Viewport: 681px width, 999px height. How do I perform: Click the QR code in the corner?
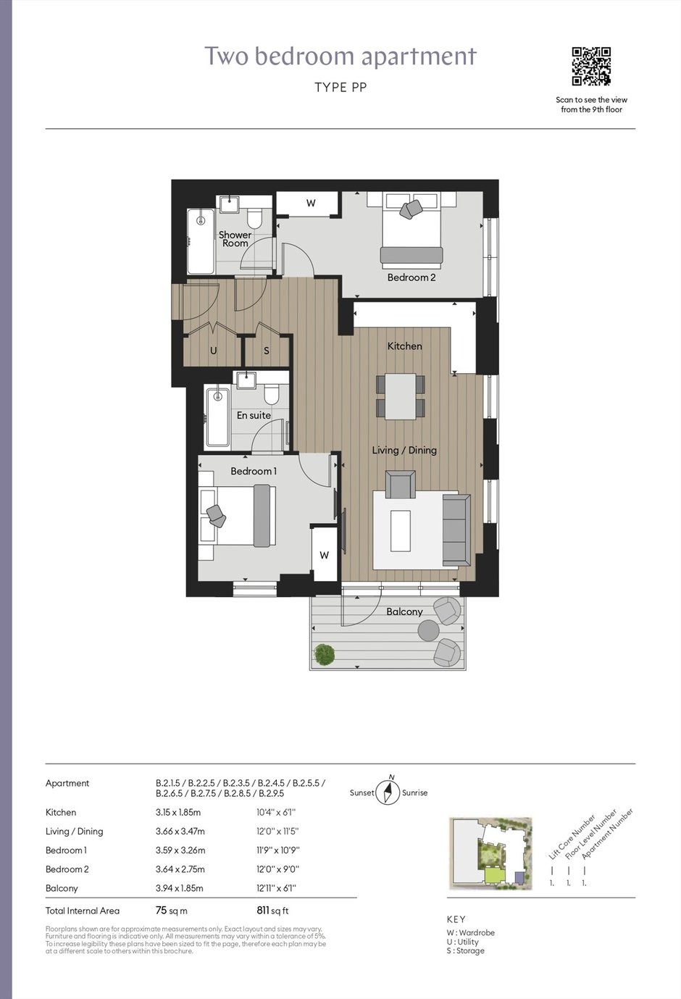(591, 67)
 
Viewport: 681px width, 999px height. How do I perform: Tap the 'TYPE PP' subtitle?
(340, 88)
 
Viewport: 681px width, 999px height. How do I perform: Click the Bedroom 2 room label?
(411, 277)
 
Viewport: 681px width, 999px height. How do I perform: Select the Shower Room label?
(235, 238)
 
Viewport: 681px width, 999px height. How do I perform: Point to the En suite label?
(254, 415)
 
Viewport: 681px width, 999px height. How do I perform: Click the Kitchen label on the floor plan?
(404, 346)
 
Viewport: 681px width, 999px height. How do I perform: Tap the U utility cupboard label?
(213, 351)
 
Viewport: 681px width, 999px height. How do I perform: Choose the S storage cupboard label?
(267, 351)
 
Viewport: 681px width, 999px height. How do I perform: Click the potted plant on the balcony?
(325, 654)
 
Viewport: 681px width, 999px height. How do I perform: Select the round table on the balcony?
(429, 630)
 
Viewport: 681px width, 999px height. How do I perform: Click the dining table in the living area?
(401, 396)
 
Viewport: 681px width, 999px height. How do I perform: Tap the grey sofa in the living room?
(456, 530)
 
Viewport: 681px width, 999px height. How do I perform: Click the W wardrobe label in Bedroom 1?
(325, 555)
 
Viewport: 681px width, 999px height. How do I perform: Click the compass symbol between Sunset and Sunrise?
(388, 792)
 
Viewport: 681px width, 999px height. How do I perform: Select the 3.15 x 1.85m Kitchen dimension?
(178, 812)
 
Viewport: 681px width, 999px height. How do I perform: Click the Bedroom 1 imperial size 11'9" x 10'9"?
(278, 850)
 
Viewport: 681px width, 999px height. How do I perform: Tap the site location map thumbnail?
(490, 853)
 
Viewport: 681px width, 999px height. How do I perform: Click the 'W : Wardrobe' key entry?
(470, 932)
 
